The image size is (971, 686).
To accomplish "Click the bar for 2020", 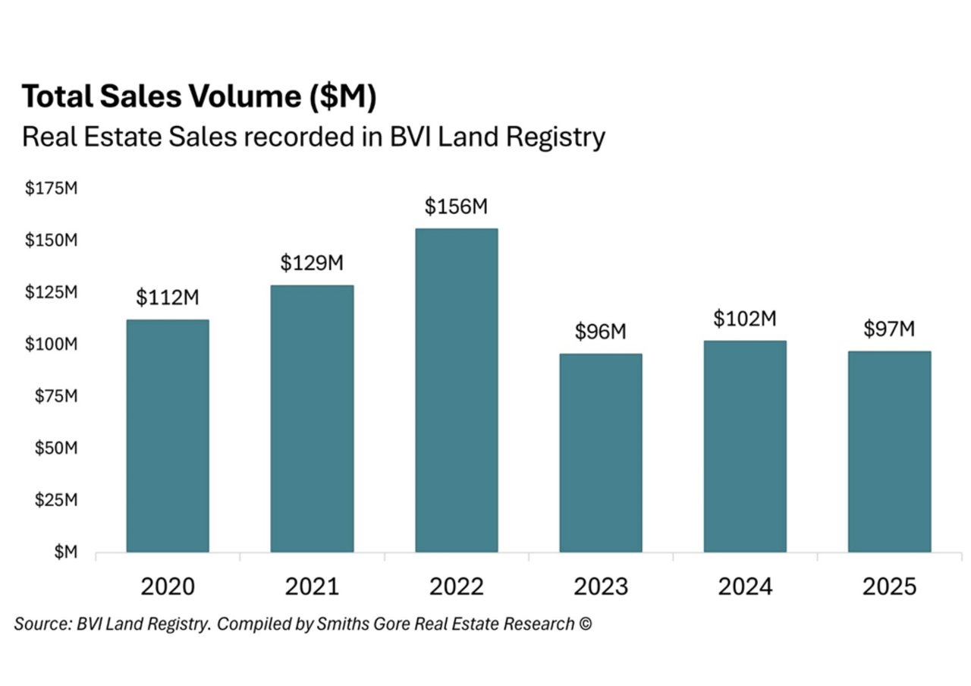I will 168,436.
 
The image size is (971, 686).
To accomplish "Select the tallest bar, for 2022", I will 456,390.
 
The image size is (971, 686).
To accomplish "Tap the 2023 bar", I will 600,452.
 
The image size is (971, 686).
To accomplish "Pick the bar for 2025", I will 889,451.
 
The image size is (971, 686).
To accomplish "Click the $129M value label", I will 312,263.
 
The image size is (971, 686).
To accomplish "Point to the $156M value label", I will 456,206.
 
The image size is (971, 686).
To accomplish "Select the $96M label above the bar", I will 600,332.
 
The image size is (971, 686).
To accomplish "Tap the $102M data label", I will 744,319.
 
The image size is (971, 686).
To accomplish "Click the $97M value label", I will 889,329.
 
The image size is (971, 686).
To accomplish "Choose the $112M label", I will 168,298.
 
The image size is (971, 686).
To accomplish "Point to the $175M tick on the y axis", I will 52,189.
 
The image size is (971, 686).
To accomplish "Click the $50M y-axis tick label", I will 55,448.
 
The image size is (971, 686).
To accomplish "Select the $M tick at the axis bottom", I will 64,552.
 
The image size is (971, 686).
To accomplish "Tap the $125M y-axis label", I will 52,293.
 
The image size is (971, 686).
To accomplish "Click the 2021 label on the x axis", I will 312,587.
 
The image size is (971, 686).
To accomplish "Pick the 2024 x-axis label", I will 744,587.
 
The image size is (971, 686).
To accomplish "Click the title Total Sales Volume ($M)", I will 200,97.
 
